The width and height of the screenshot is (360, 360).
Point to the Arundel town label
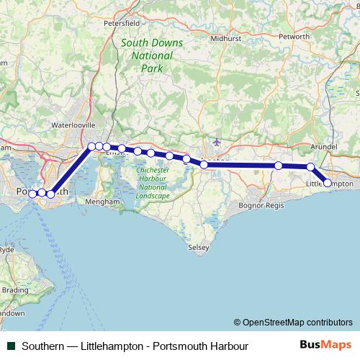[323, 146]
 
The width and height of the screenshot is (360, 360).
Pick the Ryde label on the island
[6, 249]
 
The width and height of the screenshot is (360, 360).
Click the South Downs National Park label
[152, 55]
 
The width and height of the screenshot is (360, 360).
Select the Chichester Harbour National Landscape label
[153, 182]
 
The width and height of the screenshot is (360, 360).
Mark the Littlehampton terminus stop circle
[328, 183]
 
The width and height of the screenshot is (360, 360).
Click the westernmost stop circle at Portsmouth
[32, 193]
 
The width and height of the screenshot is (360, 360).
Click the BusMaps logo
[325, 346]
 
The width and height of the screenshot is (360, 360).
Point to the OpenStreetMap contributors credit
[293, 323]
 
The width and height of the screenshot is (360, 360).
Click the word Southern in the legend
[44, 346]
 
